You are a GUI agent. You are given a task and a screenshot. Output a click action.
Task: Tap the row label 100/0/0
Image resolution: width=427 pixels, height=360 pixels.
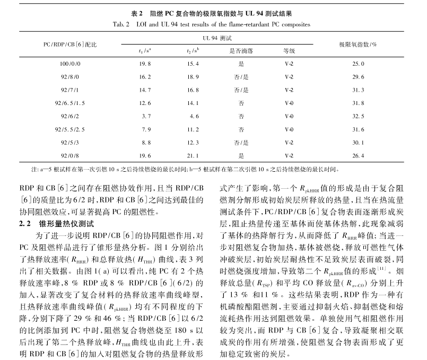click(69, 64)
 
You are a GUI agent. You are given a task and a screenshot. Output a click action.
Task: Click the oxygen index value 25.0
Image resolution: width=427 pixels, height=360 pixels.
click(359, 64)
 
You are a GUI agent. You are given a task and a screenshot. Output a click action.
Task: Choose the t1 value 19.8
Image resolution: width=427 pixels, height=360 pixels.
click(144, 64)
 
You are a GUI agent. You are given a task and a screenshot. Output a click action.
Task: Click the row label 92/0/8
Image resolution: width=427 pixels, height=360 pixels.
click(69, 155)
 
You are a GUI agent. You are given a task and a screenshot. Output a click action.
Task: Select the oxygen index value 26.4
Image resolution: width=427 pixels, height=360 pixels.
click(359, 155)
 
